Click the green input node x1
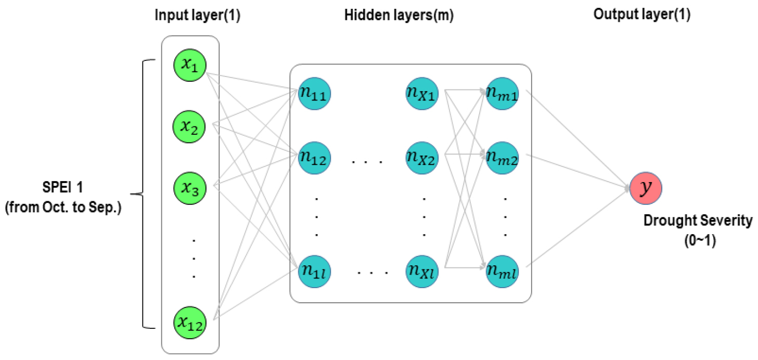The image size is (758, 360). pos(190,66)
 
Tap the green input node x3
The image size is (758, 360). pos(190,186)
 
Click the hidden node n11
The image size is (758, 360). pos(314,94)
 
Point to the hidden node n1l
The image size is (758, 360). pos(314,271)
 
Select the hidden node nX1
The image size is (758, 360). pos(422,94)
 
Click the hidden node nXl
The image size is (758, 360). pos(422,271)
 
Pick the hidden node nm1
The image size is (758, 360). pos(502,94)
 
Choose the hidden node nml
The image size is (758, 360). pos(502,271)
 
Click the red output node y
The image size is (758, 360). pos(646,188)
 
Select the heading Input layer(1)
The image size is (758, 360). pos(198,15)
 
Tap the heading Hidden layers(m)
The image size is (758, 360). pos(399,15)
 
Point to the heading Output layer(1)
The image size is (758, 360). pos(641,15)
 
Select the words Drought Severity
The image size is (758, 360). pos(698,221)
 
